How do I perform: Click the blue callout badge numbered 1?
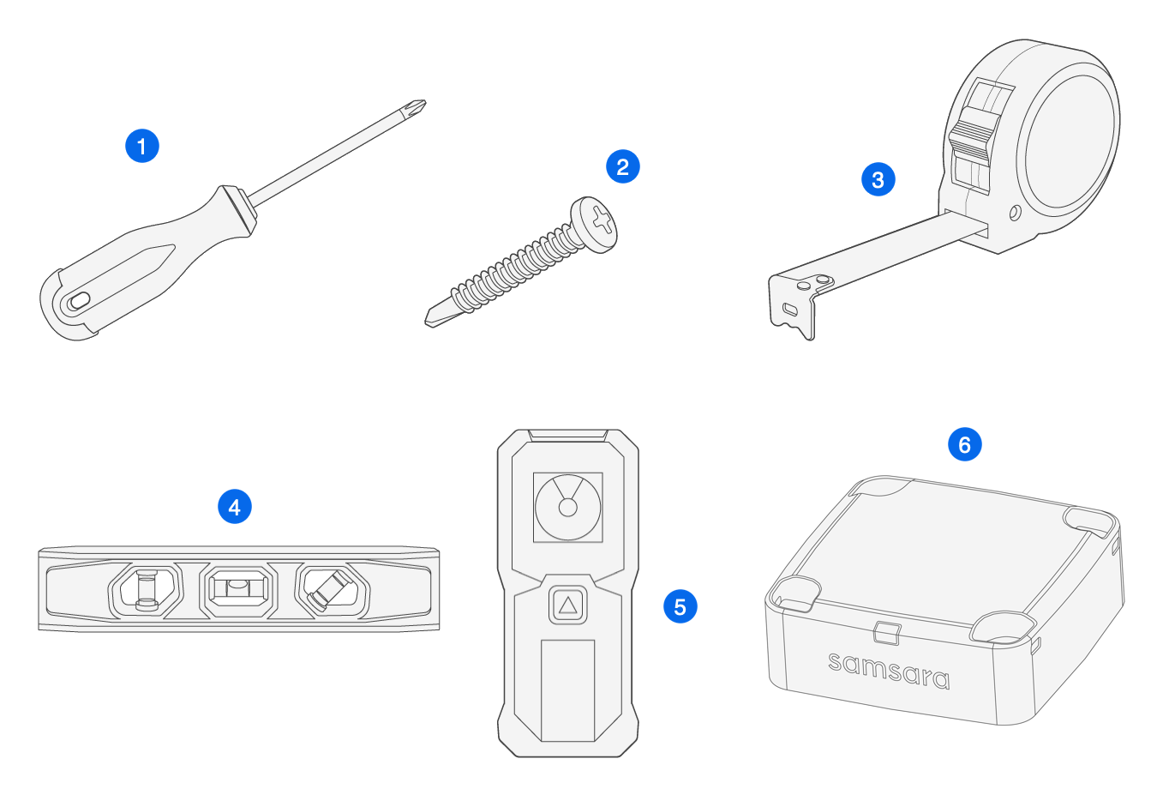[142, 145]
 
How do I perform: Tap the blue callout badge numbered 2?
[622, 166]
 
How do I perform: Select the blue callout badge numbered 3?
[878, 179]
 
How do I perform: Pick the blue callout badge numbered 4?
[234, 506]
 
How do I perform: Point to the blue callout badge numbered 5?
[680, 606]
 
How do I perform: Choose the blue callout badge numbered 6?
[964, 444]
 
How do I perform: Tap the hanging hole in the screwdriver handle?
[78, 300]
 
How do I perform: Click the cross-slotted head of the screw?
[600, 222]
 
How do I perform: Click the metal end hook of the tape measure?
[794, 304]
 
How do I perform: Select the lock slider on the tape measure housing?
[970, 136]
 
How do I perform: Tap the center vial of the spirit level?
[239, 590]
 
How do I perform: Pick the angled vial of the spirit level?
[331, 589]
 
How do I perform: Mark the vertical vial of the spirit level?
[147, 590]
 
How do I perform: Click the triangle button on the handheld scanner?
[567, 605]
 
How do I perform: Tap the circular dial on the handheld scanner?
[567, 507]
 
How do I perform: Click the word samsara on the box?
[889, 670]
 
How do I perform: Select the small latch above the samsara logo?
[886, 633]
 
